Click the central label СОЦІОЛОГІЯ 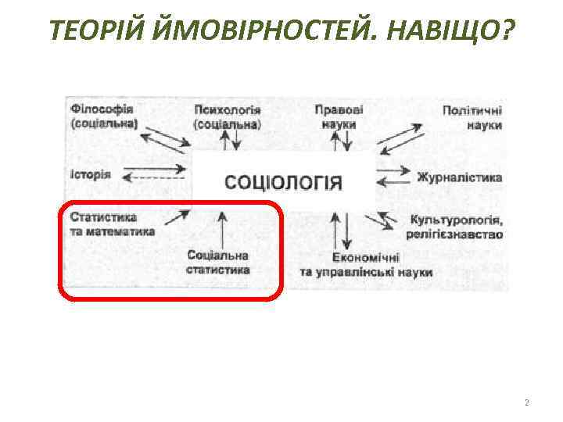tap(284, 183)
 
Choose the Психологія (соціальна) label tap(228, 117)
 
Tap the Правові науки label tap(339, 117)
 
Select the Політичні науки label tap(472, 118)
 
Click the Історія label tap(91, 173)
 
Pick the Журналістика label tap(459, 177)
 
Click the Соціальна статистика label tap(218, 263)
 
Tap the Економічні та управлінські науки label tap(365, 264)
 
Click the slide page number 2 tap(526, 403)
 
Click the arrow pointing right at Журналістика tap(393, 170)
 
